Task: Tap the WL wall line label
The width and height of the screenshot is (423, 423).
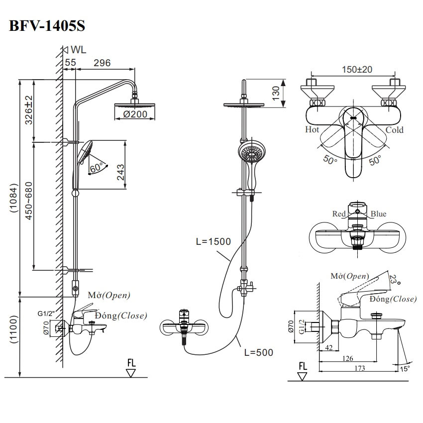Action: click(78, 49)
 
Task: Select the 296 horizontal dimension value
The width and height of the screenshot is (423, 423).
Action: click(102, 62)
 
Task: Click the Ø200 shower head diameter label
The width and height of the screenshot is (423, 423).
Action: click(133, 114)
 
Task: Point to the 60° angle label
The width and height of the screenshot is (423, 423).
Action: click(97, 168)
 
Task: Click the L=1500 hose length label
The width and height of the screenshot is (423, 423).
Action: click(213, 242)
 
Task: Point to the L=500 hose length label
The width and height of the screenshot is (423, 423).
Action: click(259, 352)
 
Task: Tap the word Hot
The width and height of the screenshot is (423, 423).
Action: click(312, 130)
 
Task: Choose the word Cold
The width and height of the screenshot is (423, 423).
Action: click(395, 130)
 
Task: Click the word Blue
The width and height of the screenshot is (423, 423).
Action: click(378, 214)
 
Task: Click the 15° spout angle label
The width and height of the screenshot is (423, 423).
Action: click(406, 368)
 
